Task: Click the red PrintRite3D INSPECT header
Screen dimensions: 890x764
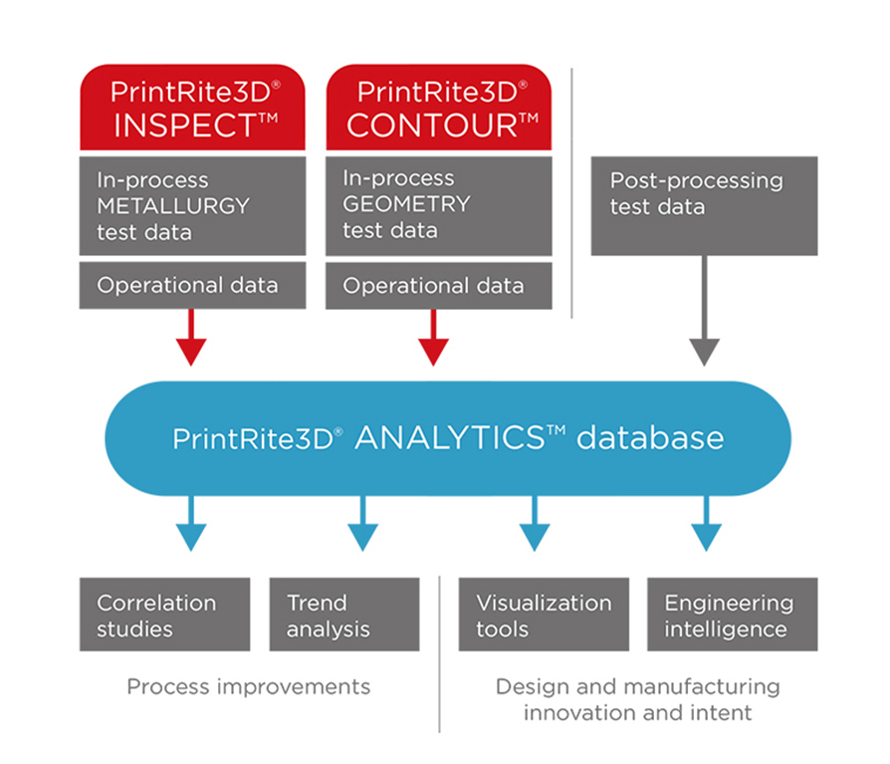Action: pyautogui.click(x=192, y=107)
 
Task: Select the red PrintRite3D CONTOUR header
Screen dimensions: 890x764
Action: pyautogui.click(x=439, y=107)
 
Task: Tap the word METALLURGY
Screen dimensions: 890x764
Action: pyautogui.click(x=173, y=205)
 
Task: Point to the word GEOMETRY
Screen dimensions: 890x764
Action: pyautogui.click(x=406, y=204)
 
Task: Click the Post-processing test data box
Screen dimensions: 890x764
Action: pyautogui.click(x=705, y=205)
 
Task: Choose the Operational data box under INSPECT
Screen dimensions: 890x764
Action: pyautogui.click(x=192, y=285)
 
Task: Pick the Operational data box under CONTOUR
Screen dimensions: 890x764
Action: pyautogui.click(x=439, y=285)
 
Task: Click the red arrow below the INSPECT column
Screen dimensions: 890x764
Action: pyautogui.click(x=191, y=338)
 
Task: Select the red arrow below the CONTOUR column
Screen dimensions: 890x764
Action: pyautogui.click(x=434, y=338)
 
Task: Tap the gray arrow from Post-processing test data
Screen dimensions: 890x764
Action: pyautogui.click(x=705, y=311)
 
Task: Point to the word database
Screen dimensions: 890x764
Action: pyautogui.click(x=650, y=438)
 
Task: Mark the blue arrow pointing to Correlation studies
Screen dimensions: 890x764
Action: pyautogui.click(x=191, y=523)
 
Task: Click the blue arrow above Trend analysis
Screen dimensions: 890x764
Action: pyautogui.click(x=362, y=523)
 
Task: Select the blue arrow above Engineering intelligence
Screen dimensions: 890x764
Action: pyautogui.click(x=707, y=523)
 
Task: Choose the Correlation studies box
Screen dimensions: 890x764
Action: pyautogui.click(x=164, y=614)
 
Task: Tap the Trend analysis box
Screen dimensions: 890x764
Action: pyautogui.click(x=344, y=614)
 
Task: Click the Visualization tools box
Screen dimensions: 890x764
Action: pyautogui.click(x=544, y=614)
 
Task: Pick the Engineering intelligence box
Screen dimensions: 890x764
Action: pyautogui.click(x=733, y=614)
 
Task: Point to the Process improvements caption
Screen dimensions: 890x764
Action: pyautogui.click(x=249, y=687)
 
